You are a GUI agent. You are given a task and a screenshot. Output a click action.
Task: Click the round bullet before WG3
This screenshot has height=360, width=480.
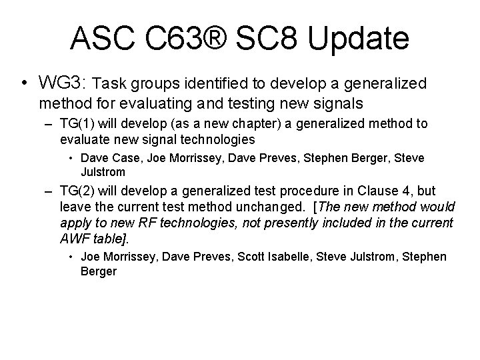click(x=24, y=84)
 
